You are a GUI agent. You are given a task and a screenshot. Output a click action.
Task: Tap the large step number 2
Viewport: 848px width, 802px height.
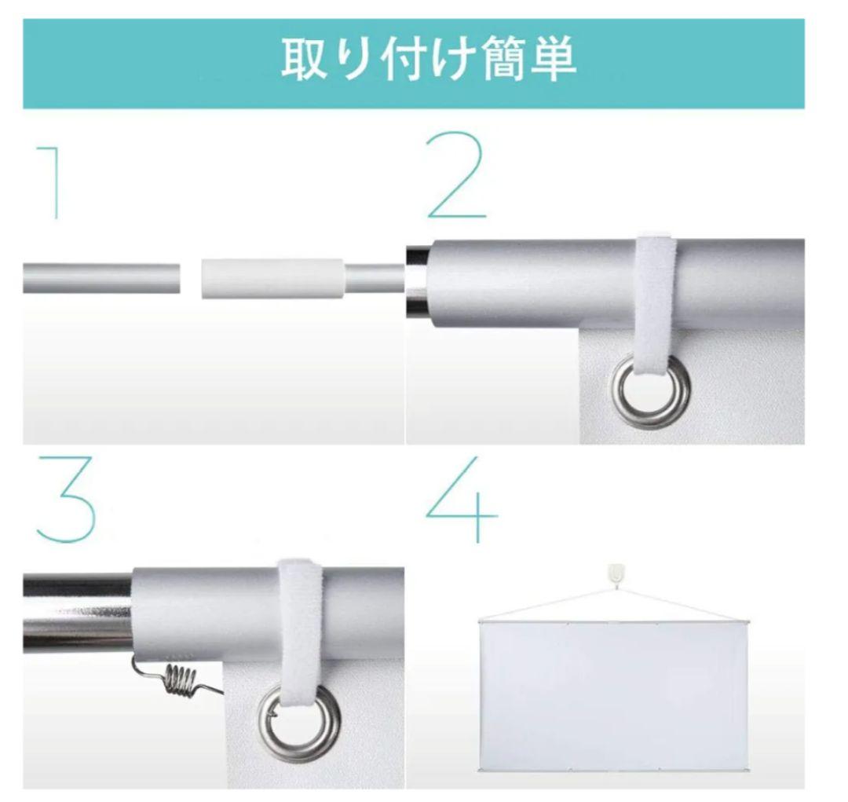pos(457,175)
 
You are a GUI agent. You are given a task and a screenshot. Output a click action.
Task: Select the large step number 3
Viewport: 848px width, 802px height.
pos(66,500)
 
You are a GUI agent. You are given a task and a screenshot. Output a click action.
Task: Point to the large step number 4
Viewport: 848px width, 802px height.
pos(462,500)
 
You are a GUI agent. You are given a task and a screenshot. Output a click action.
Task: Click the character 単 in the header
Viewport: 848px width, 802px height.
pos(554,59)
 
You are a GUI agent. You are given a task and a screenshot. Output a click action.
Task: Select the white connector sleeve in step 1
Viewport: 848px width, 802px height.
pos(272,279)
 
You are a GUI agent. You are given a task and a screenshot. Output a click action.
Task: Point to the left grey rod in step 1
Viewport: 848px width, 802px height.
pos(101,279)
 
